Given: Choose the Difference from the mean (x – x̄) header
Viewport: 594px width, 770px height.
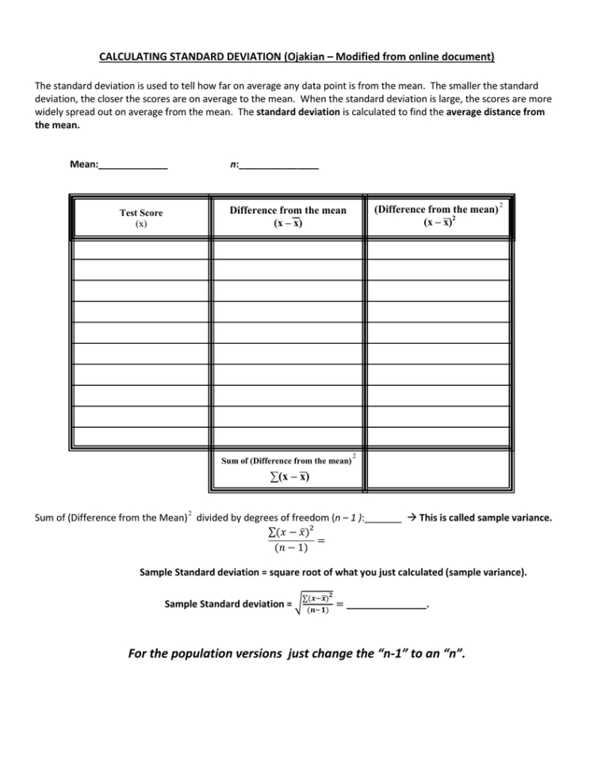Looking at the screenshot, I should coord(288,216).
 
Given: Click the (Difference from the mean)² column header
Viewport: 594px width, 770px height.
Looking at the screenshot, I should coord(438,215).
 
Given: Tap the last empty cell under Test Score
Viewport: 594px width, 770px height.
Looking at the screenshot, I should coord(140,436).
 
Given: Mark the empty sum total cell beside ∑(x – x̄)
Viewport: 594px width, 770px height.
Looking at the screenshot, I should coord(438,468).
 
